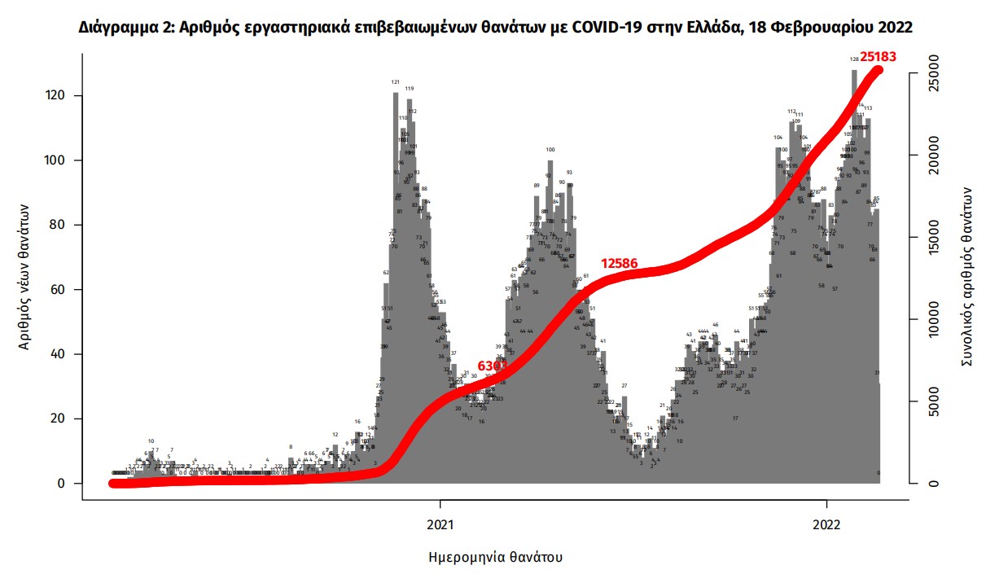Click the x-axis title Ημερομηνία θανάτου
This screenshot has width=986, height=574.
[x=494, y=558]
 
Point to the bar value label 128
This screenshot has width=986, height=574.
[x=854, y=59]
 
